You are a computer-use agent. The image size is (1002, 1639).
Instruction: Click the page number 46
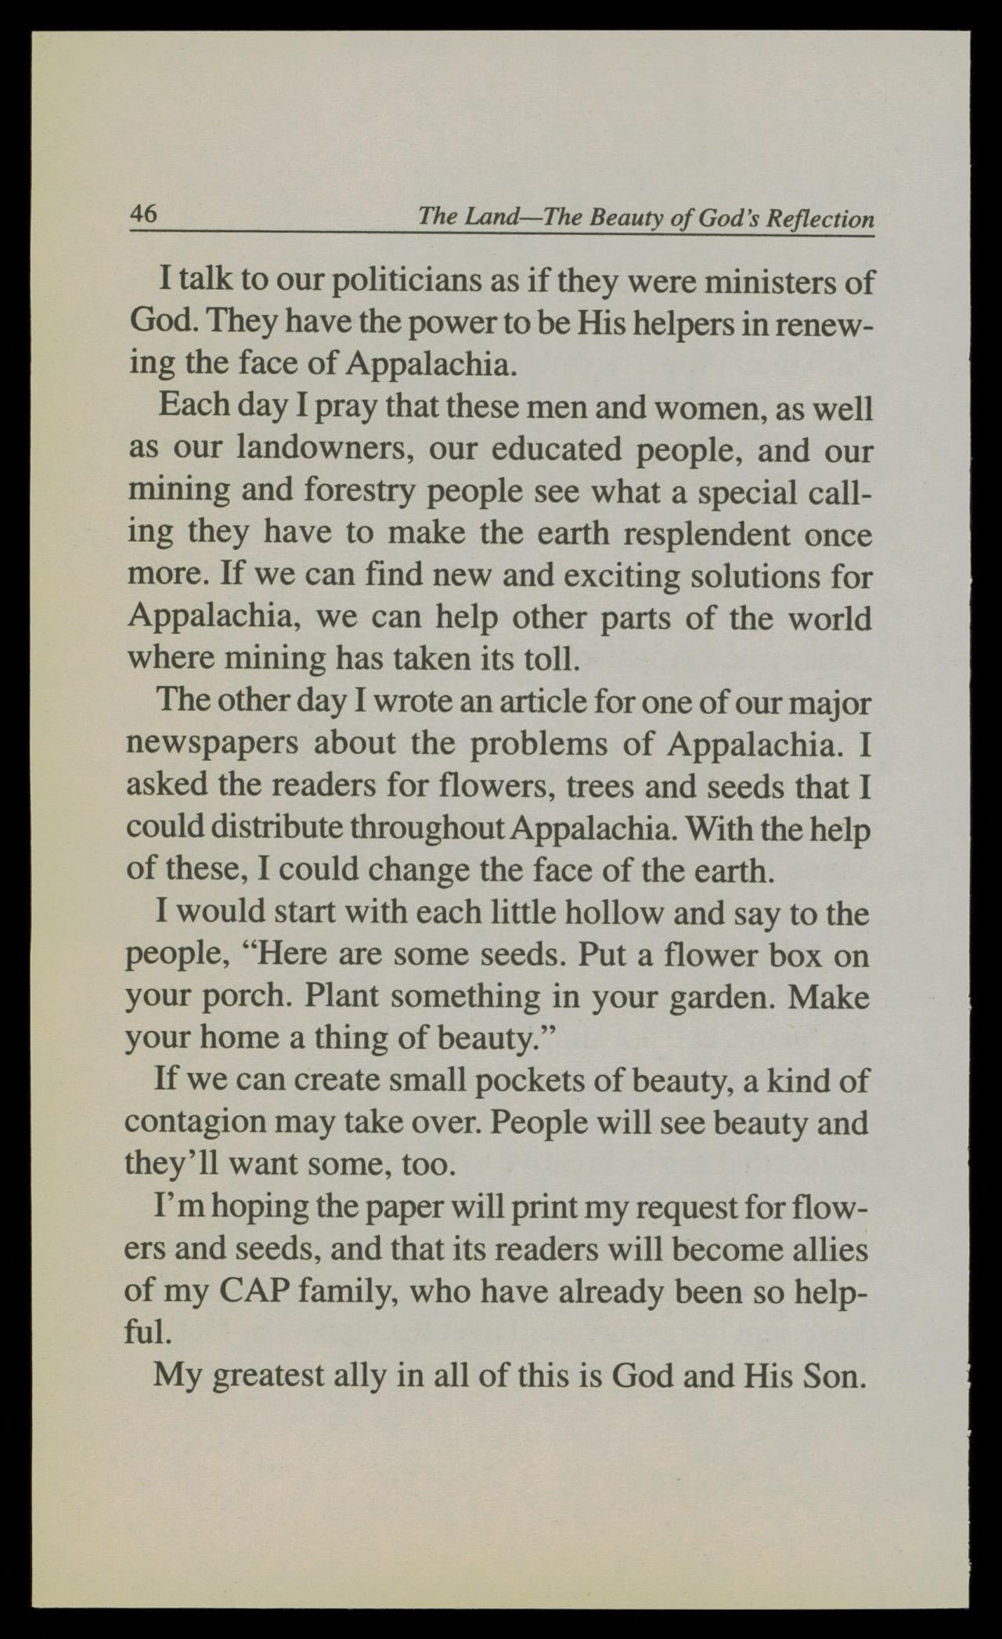(x=145, y=213)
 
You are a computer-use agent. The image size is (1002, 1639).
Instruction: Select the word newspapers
(x=212, y=743)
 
